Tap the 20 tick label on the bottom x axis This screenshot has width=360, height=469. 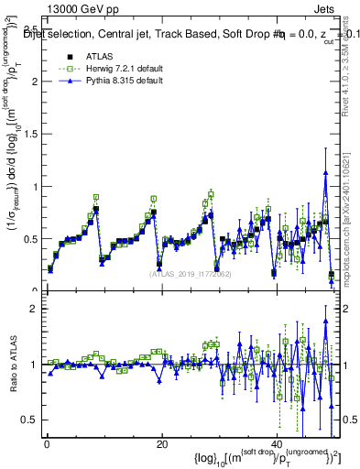[162, 443]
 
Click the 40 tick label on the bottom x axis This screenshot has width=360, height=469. [278, 443]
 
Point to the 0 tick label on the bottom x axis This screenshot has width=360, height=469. [46, 443]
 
